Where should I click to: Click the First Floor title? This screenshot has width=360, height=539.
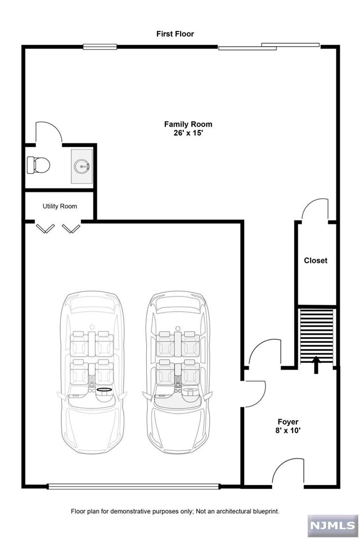click(x=175, y=34)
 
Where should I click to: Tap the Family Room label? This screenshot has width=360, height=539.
click(x=188, y=124)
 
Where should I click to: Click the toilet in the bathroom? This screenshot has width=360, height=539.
click(x=38, y=164)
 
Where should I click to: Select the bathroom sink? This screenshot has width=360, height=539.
click(x=82, y=166)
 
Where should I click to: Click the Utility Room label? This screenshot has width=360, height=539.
click(x=60, y=206)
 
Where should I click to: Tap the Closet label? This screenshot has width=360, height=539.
click(x=316, y=260)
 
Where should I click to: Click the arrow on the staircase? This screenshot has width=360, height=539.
click(x=316, y=363)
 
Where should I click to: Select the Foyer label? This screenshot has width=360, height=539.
click(x=288, y=421)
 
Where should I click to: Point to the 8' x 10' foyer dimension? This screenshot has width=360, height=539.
click(x=288, y=432)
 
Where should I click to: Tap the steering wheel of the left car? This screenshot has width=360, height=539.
click(x=104, y=389)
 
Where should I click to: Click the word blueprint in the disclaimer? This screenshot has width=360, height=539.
click(x=265, y=511)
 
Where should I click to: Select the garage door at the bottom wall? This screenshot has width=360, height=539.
click(x=133, y=486)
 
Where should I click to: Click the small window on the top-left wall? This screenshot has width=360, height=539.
click(x=100, y=47)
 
